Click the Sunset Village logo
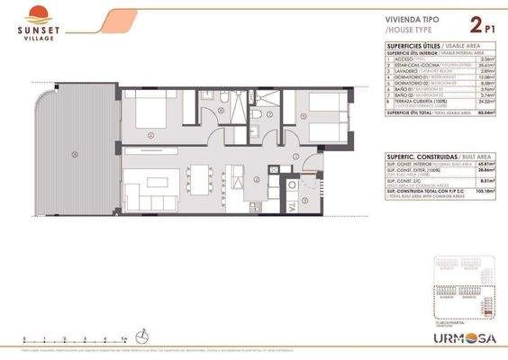coord(35,22)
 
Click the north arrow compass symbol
coord(142,335)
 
